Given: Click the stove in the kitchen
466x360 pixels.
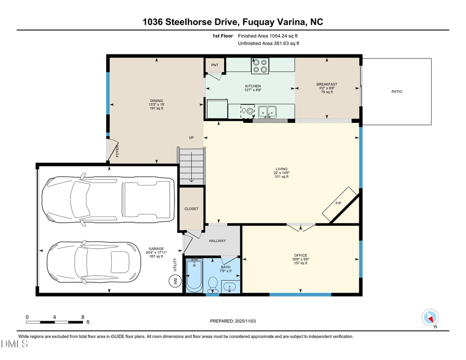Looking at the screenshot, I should tap(260, 65).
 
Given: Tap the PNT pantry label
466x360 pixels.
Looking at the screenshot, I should tap(214, 66).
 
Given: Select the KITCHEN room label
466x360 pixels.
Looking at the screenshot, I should tap(253, 86).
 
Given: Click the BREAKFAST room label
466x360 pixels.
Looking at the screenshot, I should tap(327, 84).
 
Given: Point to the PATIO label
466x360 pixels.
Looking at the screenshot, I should tap(397, 92).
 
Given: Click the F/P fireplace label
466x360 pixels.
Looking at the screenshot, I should tap(338, 203).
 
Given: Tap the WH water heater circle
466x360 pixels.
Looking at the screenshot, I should tap(174, 281).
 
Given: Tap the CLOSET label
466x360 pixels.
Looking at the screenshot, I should tap(192, 209).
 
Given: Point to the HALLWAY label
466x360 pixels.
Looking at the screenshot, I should tap(217, 241).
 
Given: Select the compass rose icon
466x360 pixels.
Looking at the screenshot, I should tap(430, 317).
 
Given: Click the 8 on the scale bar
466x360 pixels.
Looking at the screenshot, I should tap(82, 316).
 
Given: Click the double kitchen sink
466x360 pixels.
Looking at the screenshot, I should tap(268, 110).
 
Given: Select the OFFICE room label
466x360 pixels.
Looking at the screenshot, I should tap(300, 255).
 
